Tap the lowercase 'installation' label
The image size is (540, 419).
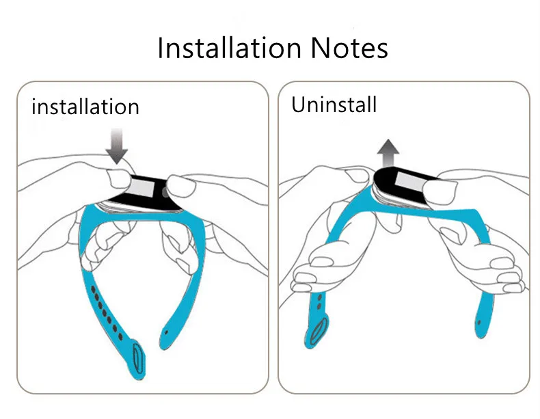pos(85,107)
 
